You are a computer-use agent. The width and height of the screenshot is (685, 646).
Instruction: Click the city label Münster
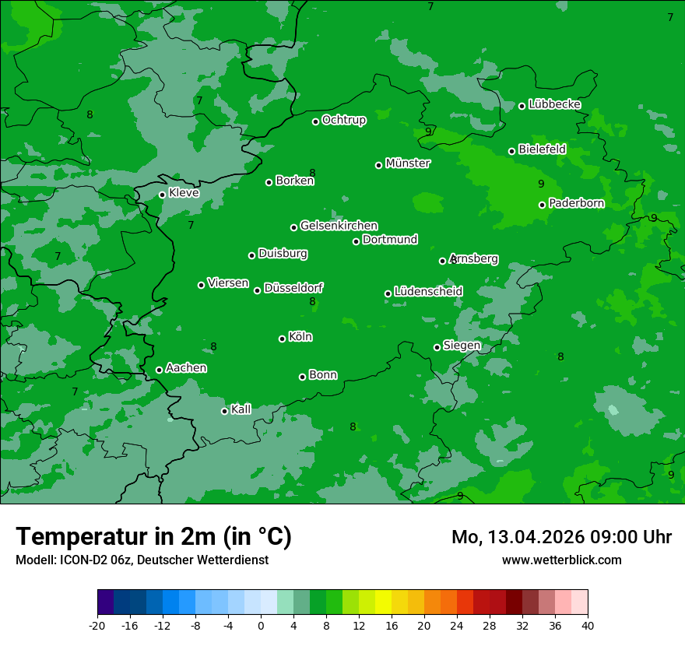click(x=408, y=163)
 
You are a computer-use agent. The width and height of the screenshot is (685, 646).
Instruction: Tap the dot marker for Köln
click(x=283, y=339)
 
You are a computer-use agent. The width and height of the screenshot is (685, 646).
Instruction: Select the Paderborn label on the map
click(x=576, y=203)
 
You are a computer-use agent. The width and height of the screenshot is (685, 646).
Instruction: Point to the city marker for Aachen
click(x=160, y=370)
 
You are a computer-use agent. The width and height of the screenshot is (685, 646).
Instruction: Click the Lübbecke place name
click(x=554, y=104)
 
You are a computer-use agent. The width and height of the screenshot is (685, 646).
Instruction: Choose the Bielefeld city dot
click(x=512, y=151)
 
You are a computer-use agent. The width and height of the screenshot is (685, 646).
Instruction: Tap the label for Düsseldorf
click(x=293, y=288)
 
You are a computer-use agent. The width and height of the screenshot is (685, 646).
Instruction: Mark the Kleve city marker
click(x=162, y=195)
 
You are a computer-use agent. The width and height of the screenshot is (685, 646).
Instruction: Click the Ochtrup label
click(x=343, y=120)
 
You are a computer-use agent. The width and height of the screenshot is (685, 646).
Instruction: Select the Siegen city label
click(x=462, y=346)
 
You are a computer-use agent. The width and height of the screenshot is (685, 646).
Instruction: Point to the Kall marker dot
click(x=224, y=411)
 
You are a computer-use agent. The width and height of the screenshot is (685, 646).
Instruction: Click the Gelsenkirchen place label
click(x=339, y=226)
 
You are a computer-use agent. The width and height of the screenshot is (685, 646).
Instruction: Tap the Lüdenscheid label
click(x=428, y=292)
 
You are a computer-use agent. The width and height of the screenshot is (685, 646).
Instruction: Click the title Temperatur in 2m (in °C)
click(x=153, y=537)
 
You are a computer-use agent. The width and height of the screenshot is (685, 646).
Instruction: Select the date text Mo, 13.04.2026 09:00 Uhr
click(x=561, y=537)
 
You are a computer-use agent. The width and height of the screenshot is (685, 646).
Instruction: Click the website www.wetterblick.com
click(x=561, y=560)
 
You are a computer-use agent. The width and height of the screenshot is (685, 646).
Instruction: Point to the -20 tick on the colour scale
click(x=97, y=625)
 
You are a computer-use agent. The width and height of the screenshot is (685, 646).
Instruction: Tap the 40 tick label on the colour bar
click(x=588, y=625)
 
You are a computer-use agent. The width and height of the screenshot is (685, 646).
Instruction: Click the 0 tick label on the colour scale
click(x=261, y=625)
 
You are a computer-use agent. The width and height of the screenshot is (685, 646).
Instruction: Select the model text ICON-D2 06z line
click(x=142, y=560)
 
